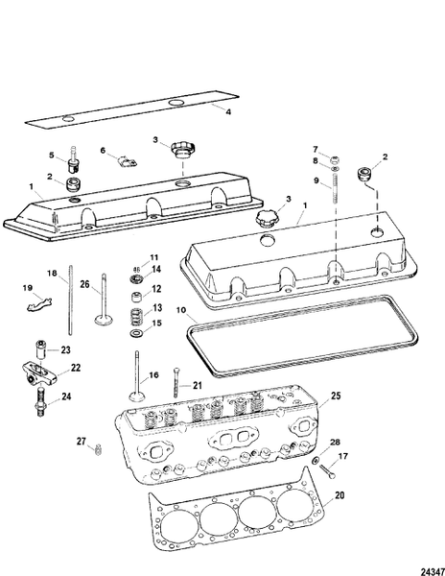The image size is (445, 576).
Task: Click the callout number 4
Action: click(228, 112)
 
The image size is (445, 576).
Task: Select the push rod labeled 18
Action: click(71, 307)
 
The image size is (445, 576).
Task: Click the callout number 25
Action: click(336, 395)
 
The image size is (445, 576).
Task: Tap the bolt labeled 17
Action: click(327, 470)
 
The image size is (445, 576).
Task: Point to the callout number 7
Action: click(314, 149)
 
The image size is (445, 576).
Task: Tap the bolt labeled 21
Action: click(177, 382)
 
